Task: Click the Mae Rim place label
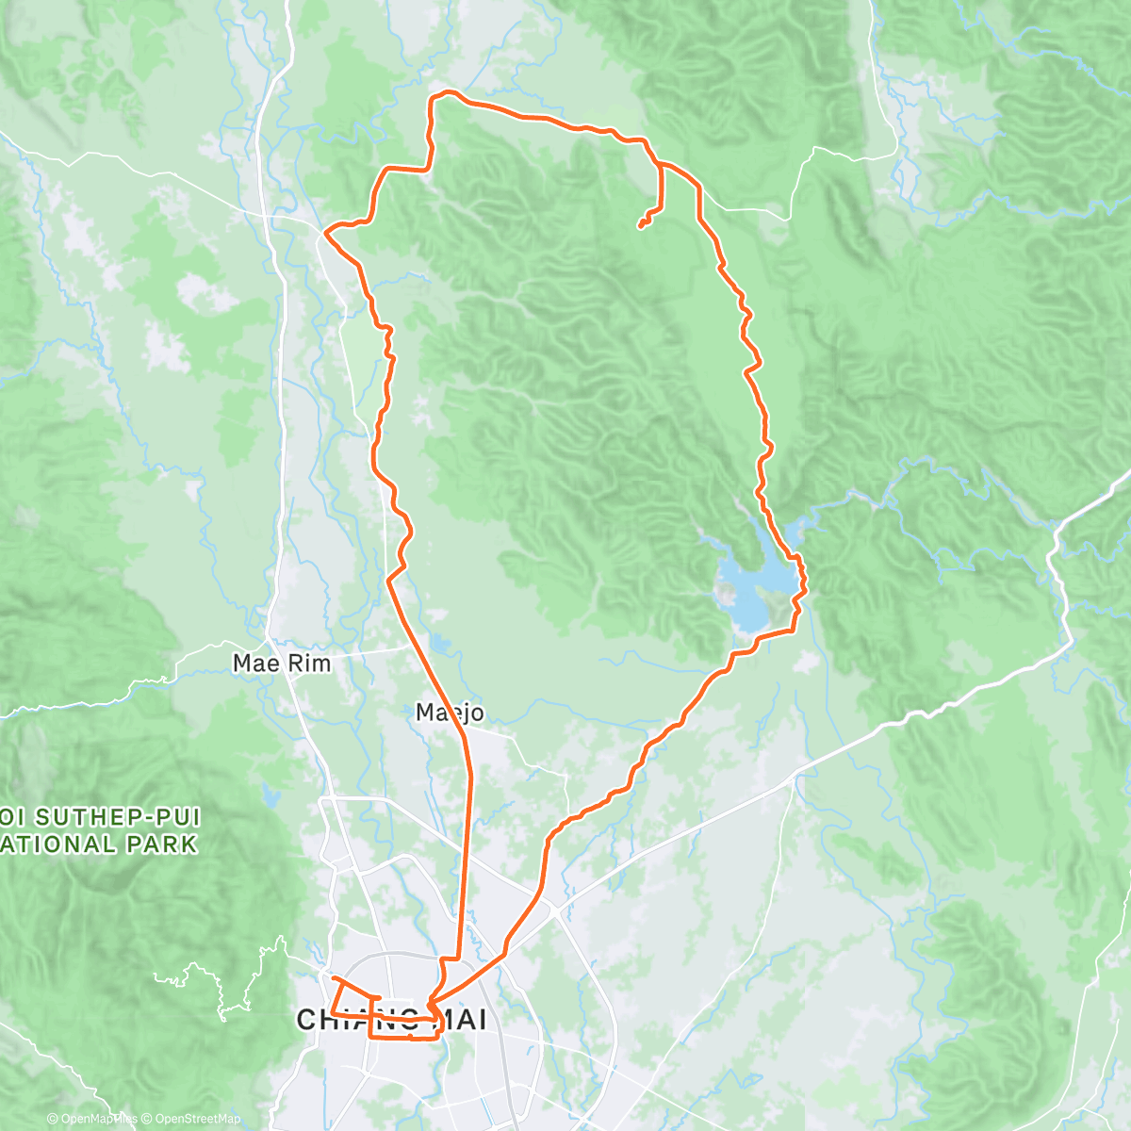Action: tap(282, 664)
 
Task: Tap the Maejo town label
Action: tap(450, 713)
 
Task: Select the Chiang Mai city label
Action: tap(392, 1020)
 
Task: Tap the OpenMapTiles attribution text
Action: tap(99, 1119)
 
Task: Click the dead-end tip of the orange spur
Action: tap(640, 226)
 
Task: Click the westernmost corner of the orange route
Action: tap(325, 231)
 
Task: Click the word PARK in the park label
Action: tap(167, 844)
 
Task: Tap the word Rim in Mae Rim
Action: tap(309, 664)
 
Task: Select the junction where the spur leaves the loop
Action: tap(660, 164)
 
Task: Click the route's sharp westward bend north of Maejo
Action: tap(388, 579)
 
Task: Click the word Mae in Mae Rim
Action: tap(255, 664)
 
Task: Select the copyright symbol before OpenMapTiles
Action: tap(53, 1119)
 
